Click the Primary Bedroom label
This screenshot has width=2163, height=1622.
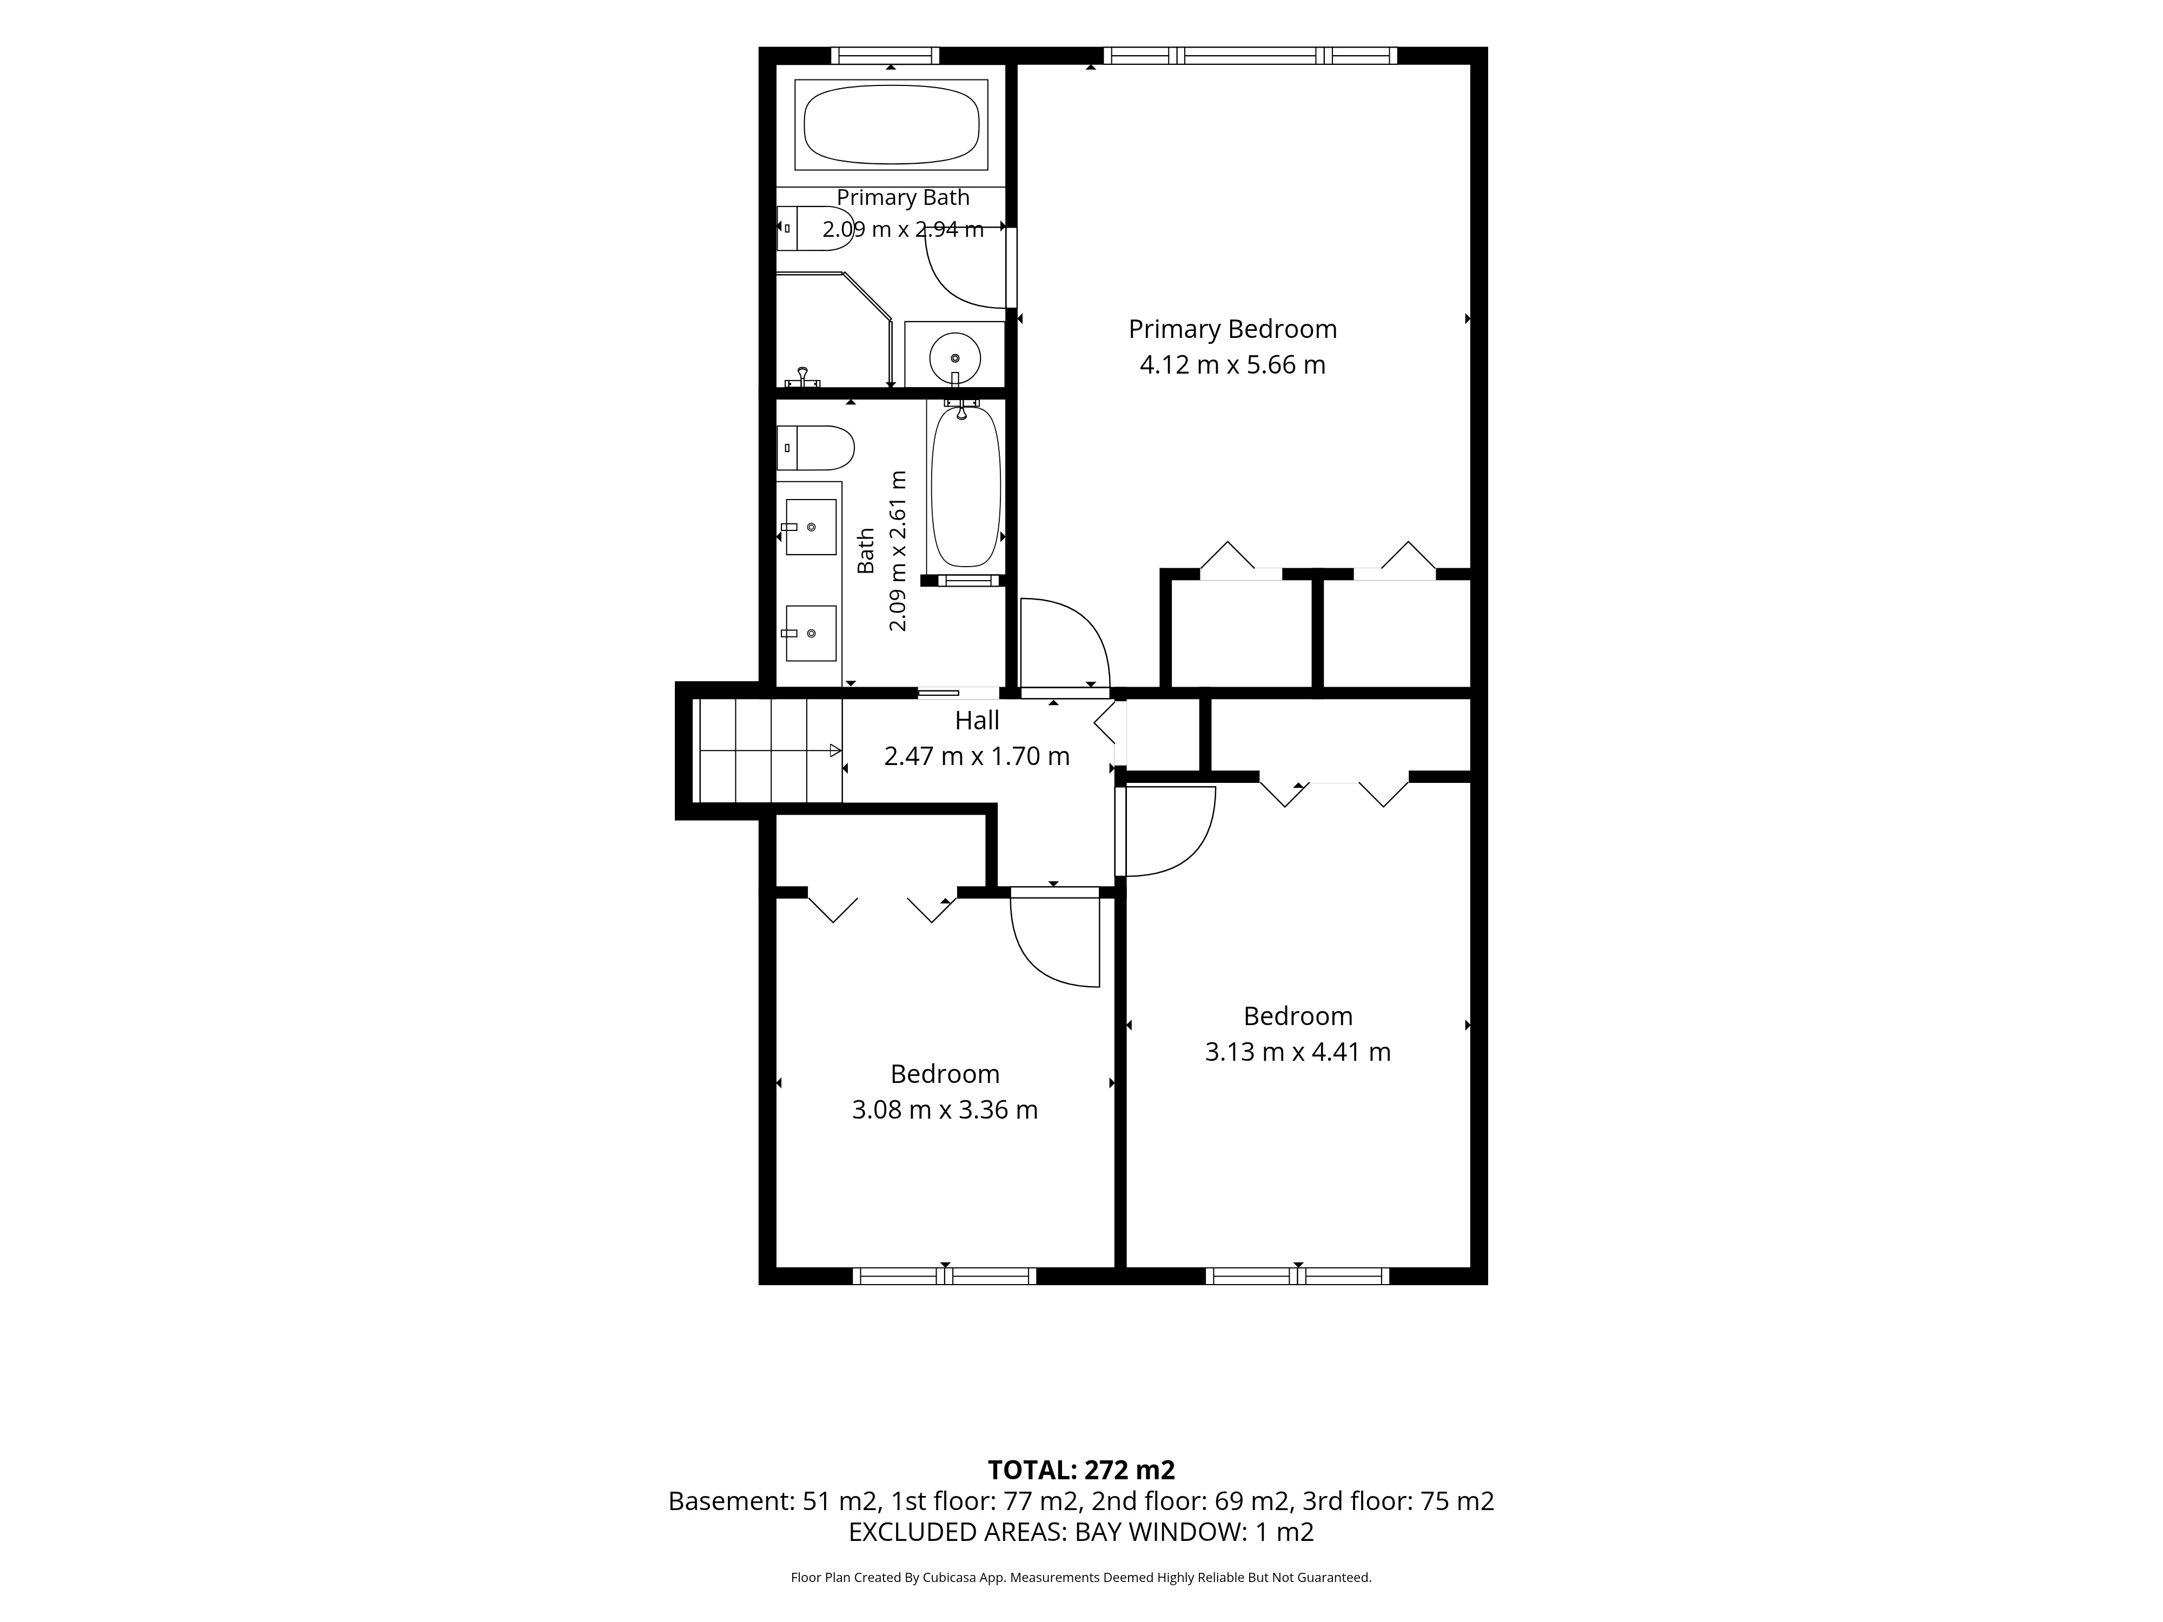1232,329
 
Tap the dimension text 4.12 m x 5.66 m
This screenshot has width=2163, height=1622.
1232,365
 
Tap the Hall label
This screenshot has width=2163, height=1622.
977,721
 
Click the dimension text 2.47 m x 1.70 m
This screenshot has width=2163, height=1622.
977,756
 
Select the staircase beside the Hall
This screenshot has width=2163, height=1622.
768,750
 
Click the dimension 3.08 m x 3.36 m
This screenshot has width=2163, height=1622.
945,1109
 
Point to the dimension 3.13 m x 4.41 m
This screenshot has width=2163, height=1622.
1298,1052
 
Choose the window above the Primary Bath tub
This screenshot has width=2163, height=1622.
885,56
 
